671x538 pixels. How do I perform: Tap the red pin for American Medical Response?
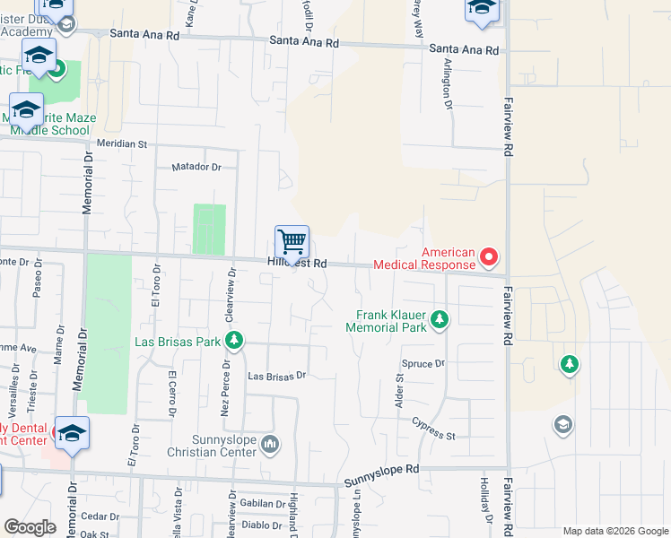489,258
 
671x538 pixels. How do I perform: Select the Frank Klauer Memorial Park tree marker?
440,318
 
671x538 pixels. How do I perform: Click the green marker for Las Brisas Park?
233,341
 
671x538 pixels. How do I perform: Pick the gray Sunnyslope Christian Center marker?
271,443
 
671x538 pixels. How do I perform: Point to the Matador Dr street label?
196,167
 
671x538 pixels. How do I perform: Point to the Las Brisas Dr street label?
277,376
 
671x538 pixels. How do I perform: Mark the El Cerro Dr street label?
170,395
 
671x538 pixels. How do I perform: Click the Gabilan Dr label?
262,504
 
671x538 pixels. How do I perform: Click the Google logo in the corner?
30,527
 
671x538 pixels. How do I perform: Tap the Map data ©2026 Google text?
614,531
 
